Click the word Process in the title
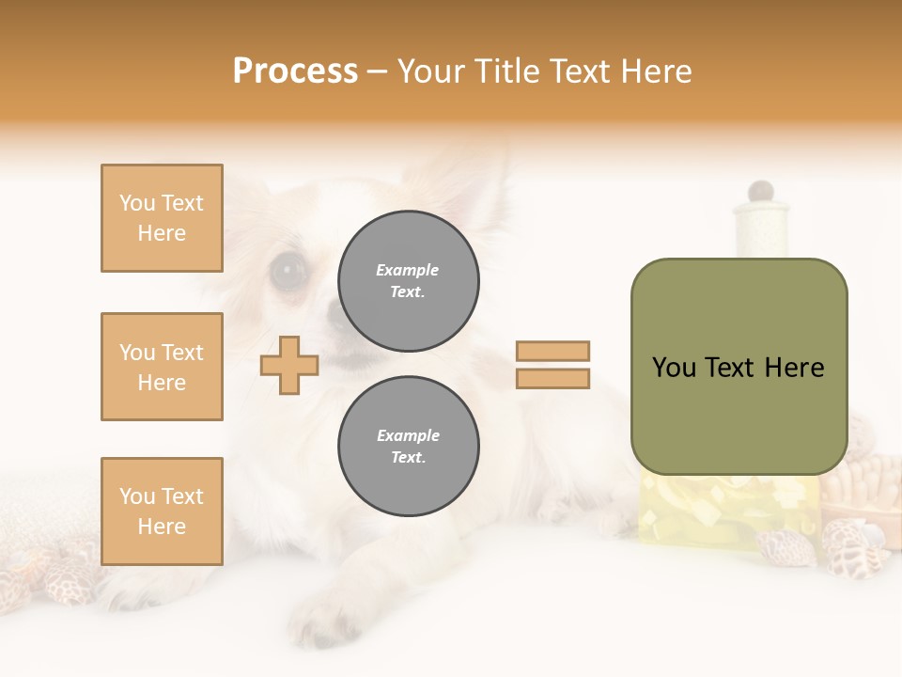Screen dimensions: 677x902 click(x=295, y=71)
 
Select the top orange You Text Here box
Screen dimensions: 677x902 click(x=162, y=218)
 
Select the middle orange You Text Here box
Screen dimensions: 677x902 click(x=162, y=367)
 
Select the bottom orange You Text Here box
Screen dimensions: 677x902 click(x=162, y=512)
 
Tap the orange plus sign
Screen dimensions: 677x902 click(x=288, y=365)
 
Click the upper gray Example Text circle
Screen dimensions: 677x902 click(x=409, y=280)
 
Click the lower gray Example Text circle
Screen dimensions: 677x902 click(x=409, y=446)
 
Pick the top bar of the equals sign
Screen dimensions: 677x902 click(x=552, y=351)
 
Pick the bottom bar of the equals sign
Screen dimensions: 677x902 click(x=552, y=378)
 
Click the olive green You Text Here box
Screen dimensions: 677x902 click(x=739, y=367)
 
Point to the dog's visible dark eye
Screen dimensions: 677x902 click(x=288, y=271)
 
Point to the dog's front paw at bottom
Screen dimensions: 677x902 click(x=329, y=621)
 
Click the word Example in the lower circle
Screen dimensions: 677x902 click(x=408, y=435)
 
